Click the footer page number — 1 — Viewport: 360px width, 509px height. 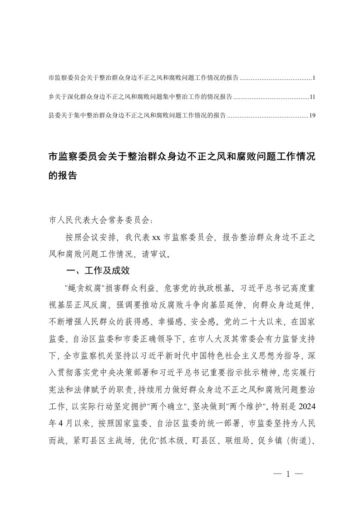287,474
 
